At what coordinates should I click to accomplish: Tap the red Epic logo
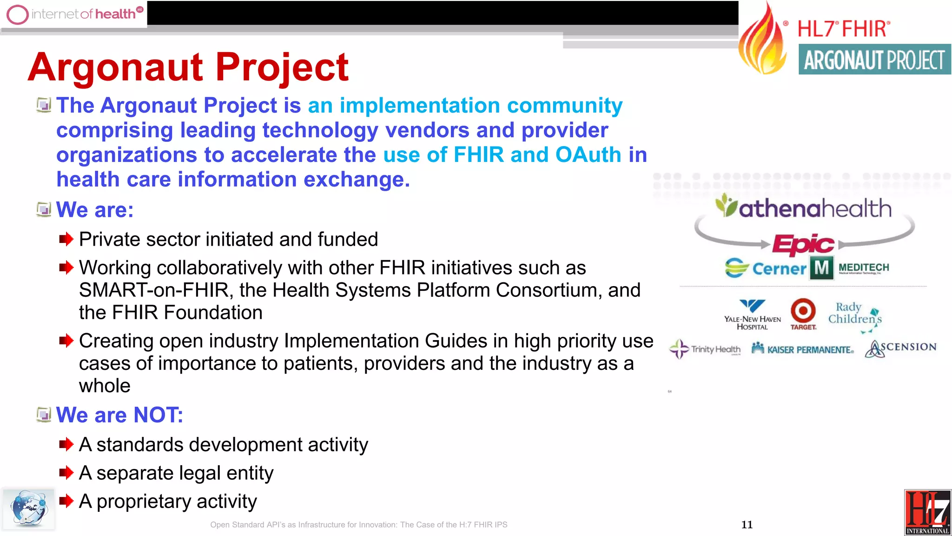pyautogui.click(x=803, y=244)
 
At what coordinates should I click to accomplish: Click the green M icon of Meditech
pyautogui.click(x=821, y=268)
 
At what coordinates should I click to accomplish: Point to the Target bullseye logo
pyautogui.click(x=803, y=310)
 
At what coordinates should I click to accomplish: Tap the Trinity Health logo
pyautogui.click(x=705, y=349)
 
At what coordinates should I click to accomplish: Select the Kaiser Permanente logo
pyautogui.click(x=803, y=349)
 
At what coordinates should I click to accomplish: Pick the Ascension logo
pyautogui.click(x=900, y=348)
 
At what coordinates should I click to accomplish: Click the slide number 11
pyautogui.click(x=747, y=524)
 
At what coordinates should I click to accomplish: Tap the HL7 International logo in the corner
pyautogui.click(x=927, y=512)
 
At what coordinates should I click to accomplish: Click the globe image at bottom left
pyautogui.click(x=28, y=508)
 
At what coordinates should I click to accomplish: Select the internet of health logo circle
pyautogui.click(x=18, y=14)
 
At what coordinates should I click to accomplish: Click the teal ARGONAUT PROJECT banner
pyautogui.click(x=874, y=60)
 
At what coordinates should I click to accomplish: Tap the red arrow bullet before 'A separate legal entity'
pyautogui.click(x=66, y=473)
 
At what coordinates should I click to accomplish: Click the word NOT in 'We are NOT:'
pyautogui.click(x=158, y=415)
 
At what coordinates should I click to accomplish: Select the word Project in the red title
pyautogui.click(x=282, y=67)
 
